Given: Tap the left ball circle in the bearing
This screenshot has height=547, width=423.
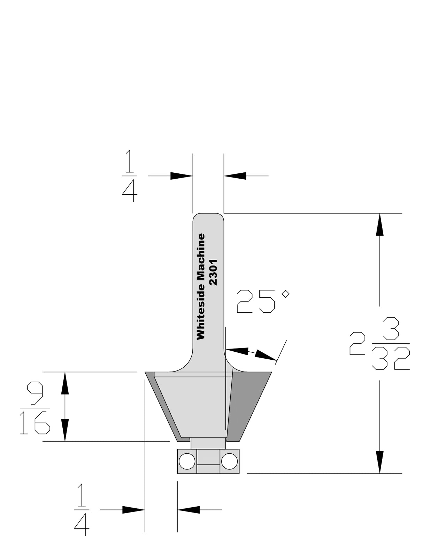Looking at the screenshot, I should pyautogui.click(x=187, y=462).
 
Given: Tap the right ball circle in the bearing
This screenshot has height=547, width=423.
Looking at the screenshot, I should pyautogui.click(x=229, y=462).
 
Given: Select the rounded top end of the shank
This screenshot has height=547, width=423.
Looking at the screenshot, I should pyautogui.click(x=208, y=218).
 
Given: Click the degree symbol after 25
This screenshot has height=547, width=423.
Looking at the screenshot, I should pyautogui.click(x=285, y=294).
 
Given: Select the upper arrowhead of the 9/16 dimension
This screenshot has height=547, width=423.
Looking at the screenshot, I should pyautogui.click(x=65, y=383).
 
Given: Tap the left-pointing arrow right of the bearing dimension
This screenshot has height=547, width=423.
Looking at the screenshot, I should pyautogui.click(x=189, y=510).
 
